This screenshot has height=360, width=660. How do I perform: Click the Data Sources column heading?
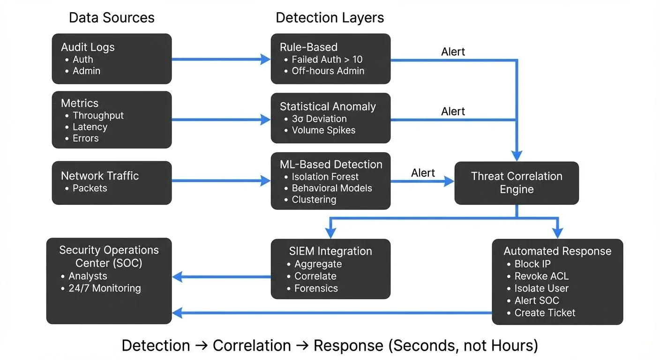(112, 18)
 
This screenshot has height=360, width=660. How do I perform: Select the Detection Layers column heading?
(330, 18)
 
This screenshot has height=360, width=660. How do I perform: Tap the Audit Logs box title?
(88, 47)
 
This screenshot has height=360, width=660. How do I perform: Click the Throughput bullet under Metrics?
(98, 115)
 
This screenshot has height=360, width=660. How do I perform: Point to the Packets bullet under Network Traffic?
(90, 188)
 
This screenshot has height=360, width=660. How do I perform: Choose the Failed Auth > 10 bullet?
(327, 60)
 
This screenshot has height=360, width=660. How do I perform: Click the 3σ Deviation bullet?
(319, 119)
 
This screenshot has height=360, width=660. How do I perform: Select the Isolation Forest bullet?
(325, 177)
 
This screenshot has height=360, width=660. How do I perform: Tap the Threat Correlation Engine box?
(517, 183)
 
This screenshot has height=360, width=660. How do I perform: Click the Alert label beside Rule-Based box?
(453, 52)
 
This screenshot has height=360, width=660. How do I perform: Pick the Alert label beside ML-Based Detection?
(423, 173)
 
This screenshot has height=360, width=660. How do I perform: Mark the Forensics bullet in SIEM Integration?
(315, 288)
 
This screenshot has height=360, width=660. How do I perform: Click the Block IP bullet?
(532, 264)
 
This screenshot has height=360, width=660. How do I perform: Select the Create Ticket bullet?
(545, 313)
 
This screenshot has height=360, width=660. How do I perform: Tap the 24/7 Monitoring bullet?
(105, 288)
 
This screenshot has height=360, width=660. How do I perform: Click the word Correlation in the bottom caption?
(252, 346)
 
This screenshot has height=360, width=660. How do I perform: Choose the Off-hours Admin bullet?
(328, 71)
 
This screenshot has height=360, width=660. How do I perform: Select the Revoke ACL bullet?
(541, 276)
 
